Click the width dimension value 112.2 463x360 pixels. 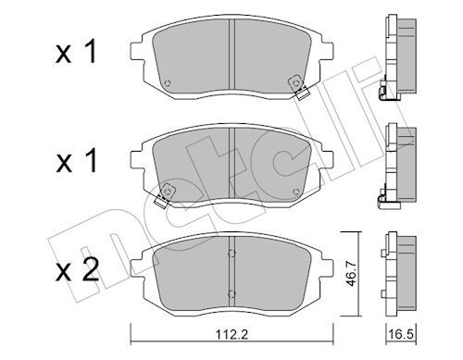(x=231, y=341)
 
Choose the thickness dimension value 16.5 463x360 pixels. (x=399, y=341)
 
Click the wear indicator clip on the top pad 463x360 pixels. (x=300, y=91)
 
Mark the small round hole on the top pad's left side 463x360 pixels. (x=166, y=83)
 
